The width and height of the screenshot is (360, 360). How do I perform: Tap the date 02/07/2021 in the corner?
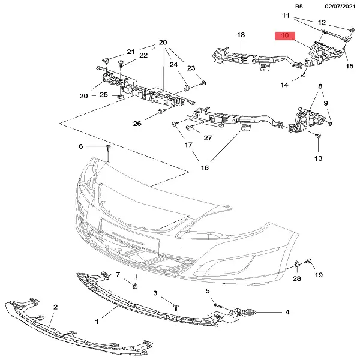point(336,7)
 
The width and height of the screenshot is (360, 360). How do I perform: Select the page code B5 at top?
point(299,7)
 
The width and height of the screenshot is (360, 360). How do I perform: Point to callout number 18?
point(241,35)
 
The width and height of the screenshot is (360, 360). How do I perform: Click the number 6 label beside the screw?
point(81,146)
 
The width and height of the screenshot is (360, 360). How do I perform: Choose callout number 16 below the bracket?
point(205,167)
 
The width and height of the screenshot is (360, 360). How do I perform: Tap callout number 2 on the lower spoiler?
point(55,307)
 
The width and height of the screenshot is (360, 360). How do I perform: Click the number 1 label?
point(97,322)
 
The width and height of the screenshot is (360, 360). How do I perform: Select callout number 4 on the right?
point(287,312)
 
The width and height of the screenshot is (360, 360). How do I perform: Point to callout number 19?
point(319,275)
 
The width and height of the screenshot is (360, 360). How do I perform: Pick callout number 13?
point(317,158)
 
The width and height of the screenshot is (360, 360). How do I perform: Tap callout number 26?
point(137,124)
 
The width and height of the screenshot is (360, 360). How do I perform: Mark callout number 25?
point(104,95)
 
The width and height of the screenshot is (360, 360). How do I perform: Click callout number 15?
point(350,66)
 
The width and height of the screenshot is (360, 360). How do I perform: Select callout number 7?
point(118,274)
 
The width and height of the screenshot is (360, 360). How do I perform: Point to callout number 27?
point(208,137)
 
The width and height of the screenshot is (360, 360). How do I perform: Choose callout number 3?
point(155,293)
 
